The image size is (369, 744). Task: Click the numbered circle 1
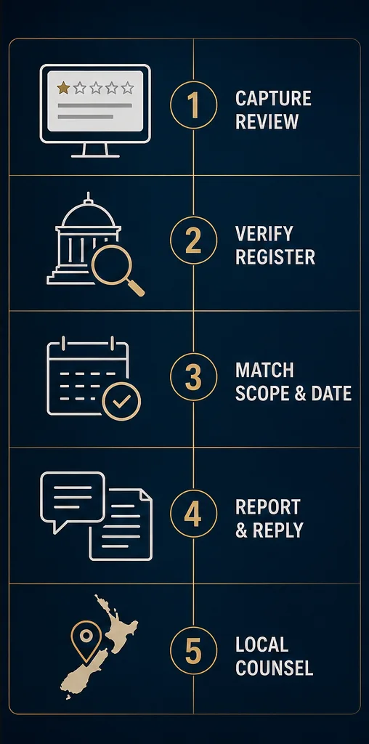(193, 105)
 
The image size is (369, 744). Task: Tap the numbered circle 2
(193, 240)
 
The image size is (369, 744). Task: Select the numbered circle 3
(193, 377)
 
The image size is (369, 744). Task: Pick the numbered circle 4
(193, 514)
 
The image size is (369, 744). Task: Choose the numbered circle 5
(193, 650)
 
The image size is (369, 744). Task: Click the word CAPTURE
(274, 98)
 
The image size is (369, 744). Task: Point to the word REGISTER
(275, 256)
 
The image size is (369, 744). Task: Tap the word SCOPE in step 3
(262, 393)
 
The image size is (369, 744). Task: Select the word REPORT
(268, 506)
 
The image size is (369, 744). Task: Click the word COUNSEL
(274, 668)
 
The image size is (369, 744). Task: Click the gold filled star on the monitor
(62, 87)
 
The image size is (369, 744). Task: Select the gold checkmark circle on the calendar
(121, 401)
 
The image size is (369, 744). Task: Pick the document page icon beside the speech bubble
(121, 525)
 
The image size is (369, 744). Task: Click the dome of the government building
(88, 213)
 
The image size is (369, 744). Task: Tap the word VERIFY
(264, 234)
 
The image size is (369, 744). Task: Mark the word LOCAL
(261, 645)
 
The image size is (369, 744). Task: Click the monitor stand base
(95, 155)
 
